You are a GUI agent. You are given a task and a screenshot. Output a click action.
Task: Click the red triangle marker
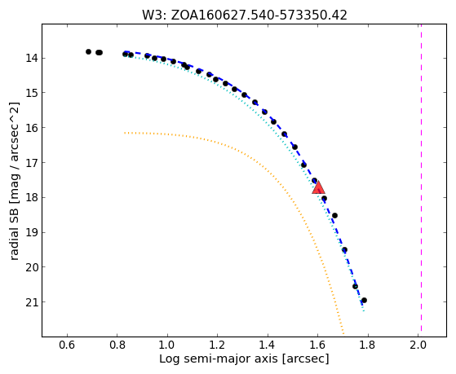click(x=318, y=187)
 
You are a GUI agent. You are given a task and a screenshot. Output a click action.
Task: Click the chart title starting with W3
click(x=245, y=15)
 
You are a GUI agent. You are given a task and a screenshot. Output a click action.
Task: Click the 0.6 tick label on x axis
click(x=67, y=345)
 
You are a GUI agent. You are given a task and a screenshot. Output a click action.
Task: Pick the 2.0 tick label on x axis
click(x=418, y=345)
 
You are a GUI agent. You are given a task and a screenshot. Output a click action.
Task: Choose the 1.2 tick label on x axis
click(x=218, y=345)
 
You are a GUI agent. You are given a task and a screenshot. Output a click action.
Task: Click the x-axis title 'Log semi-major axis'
click(x=219, y=359)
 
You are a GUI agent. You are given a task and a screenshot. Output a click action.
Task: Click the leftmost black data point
click(x=88, y=51)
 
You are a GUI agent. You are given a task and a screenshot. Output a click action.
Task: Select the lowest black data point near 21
click(x=364, y=300)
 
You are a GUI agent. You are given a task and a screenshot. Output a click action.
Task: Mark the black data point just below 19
click(x=344, y=249)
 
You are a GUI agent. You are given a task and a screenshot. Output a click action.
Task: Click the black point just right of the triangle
click(x=325, y=199)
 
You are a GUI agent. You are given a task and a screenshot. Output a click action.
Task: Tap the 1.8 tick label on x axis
click(x=368, y=345)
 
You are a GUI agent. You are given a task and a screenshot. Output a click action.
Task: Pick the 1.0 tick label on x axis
click(x=167, y=345)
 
